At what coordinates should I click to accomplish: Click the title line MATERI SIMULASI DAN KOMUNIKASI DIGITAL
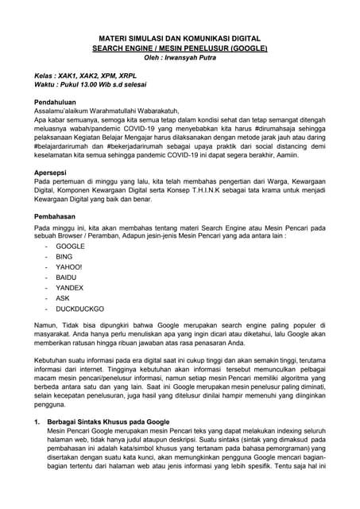click(x=180, y=37)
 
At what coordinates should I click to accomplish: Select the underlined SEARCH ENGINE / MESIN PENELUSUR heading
click(x=180, y=48)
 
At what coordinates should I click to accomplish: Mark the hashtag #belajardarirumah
click(x=64, y=152)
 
